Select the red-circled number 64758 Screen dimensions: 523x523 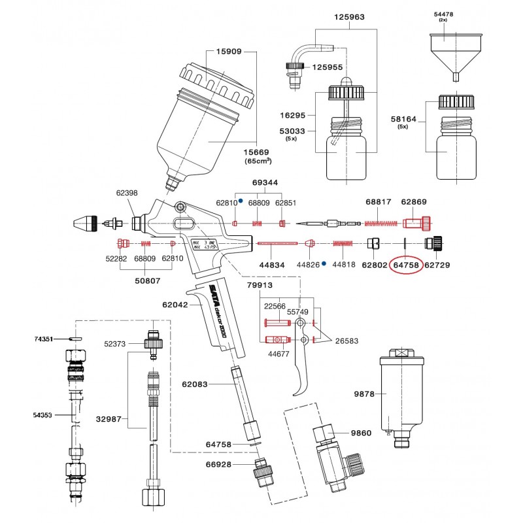[405, 265]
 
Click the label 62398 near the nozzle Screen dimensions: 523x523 [127, 193]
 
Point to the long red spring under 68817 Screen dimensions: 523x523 [381, 224]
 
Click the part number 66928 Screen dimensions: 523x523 [219, 464]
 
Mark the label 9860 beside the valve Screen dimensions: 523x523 [360, 433]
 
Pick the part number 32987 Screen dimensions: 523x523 [109, 419]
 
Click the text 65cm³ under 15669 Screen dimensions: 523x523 [258, 160]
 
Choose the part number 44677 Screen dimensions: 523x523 [278, 353]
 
